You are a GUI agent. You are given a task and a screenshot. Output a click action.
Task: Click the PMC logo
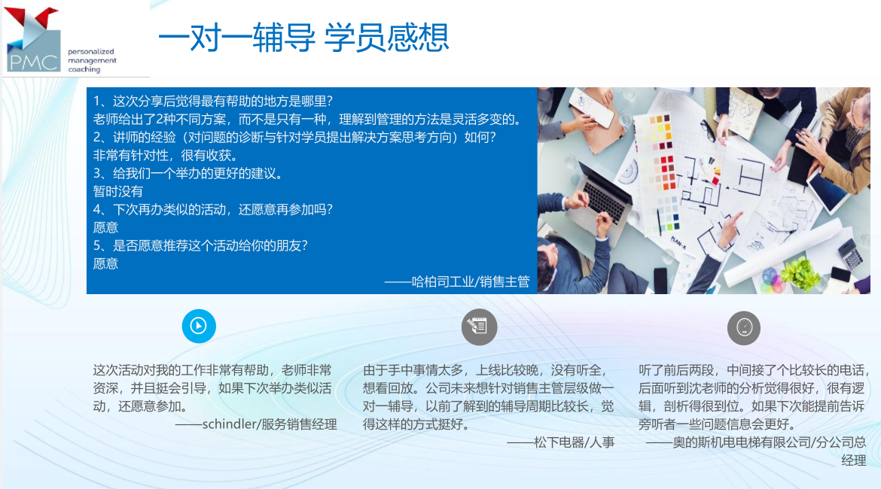32,39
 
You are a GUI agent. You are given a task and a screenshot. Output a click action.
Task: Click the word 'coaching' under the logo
84,70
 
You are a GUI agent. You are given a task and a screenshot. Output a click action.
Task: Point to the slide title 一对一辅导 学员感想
303,37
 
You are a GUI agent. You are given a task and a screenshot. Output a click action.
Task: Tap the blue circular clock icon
199,326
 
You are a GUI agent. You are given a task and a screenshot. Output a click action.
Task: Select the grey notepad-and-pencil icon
479,327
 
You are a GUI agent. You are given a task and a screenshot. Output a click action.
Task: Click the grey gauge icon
744,328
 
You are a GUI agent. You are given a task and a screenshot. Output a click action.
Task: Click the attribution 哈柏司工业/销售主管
471,282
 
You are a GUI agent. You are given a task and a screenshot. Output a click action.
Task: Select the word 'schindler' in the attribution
227,424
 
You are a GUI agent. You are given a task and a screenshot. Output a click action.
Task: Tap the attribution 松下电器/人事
575,442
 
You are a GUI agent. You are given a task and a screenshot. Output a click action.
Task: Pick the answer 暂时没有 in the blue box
118,191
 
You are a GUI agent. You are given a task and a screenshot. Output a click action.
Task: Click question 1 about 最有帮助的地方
213,101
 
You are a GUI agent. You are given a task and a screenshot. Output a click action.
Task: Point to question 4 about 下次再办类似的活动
213,209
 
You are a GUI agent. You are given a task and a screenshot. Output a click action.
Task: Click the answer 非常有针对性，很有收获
165,156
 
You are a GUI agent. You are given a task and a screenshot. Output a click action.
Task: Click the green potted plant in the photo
800,273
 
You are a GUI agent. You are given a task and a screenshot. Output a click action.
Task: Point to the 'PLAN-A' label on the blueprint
678,242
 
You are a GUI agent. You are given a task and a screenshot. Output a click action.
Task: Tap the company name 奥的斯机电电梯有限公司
742,442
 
